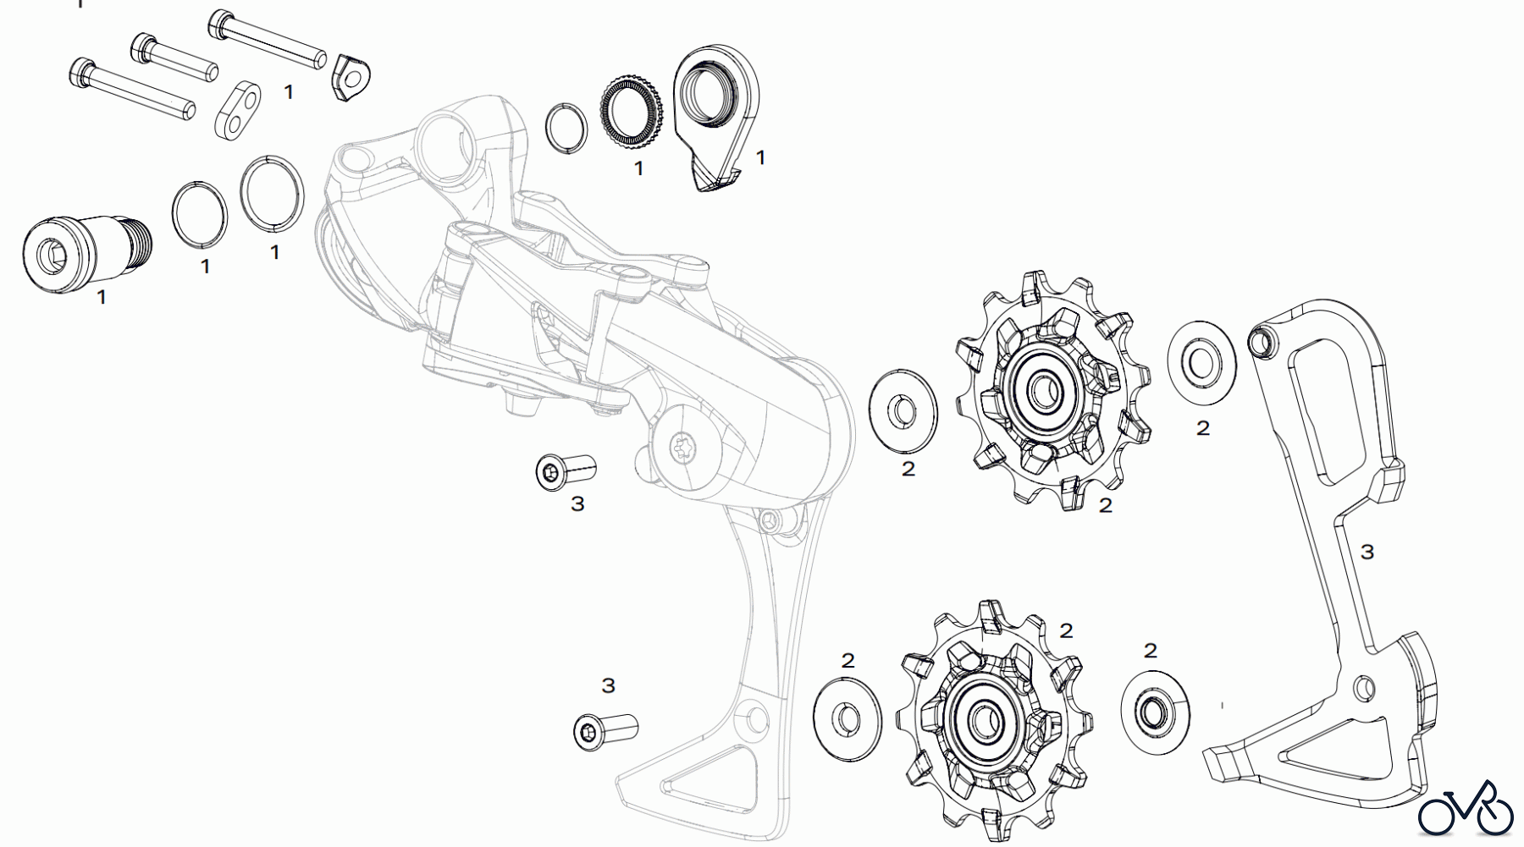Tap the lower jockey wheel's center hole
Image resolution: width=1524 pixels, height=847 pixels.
[x=983, y=719]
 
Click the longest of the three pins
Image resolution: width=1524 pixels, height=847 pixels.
[x=268, y=38]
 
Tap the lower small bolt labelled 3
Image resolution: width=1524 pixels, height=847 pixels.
[x=605, y=729]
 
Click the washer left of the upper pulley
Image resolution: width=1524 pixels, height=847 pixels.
[x=904, y=410]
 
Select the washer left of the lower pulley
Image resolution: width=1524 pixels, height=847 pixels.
[x=846, y=718]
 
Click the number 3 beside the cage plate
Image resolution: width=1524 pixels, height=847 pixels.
[x=1367, y=553]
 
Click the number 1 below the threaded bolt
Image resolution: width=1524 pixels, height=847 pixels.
[x=102, y=298]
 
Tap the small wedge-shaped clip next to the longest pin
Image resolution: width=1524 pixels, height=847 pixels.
[x=351, y=77]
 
